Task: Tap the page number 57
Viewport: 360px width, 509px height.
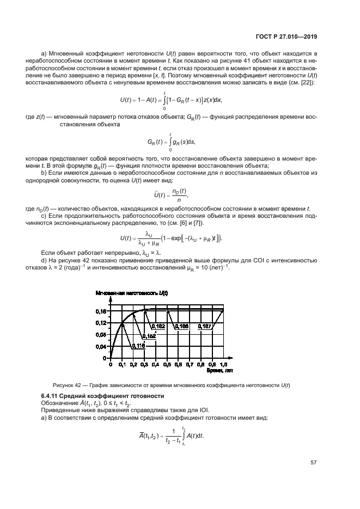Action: [x=314, y=463]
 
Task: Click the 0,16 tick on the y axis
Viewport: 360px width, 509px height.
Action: [x=101, y=311]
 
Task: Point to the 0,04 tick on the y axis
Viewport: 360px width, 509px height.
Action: [x=101, y=346]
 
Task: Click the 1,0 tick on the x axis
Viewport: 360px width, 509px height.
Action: [x=223, y=364]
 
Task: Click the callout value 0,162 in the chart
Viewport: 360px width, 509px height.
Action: [x=158, y=326]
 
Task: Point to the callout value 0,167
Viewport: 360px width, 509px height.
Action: [x=204, y=326]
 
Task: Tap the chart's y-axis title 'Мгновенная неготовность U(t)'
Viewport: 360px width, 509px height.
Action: [x=131, y=293]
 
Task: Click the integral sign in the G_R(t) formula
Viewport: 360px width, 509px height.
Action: [x=171, y=142]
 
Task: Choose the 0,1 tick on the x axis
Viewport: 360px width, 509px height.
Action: [x=121, y=364]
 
